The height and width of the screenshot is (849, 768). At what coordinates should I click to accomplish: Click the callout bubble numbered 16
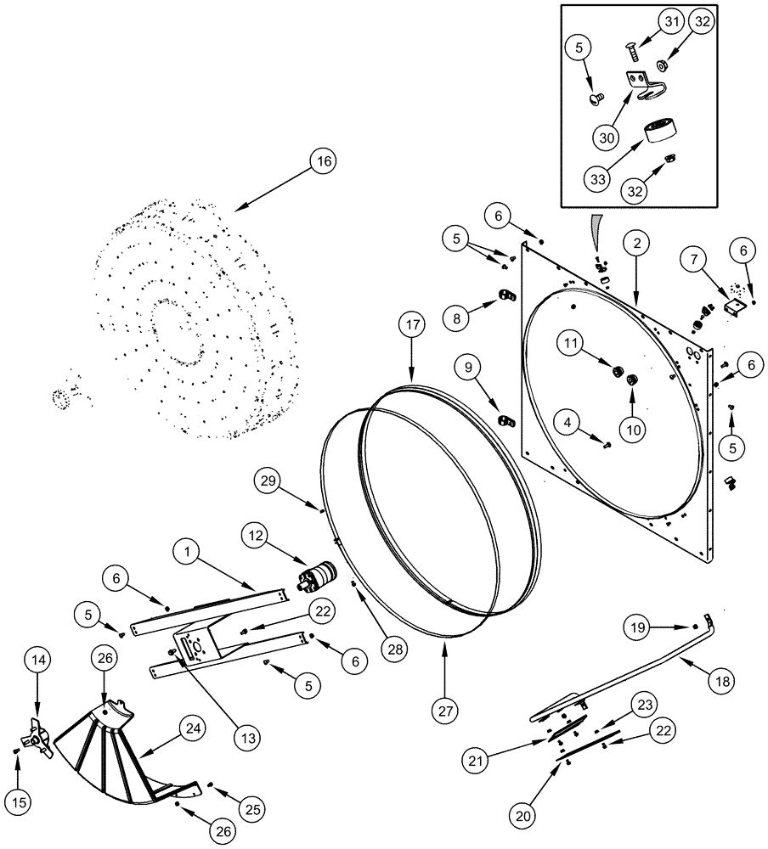click(x=322, y=161)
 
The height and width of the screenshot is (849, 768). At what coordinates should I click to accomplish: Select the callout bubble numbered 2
click(x=637, y=243)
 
